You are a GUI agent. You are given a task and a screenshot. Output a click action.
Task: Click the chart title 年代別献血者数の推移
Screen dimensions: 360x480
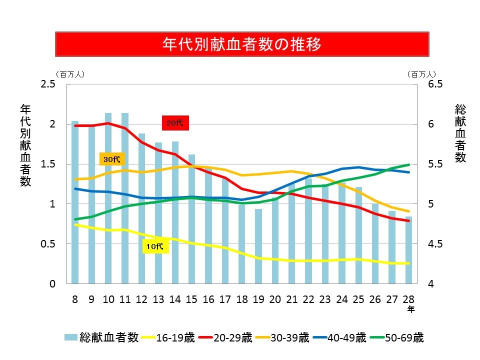click(x=241, y=44)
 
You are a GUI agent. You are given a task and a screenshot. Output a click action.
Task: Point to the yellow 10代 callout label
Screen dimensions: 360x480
click(x=155, y=246)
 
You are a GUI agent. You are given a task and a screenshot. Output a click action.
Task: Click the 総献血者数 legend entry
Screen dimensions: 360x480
click(x=101, y=338)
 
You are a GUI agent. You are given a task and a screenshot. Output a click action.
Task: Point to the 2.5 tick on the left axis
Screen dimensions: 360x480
click(x=48, y=84)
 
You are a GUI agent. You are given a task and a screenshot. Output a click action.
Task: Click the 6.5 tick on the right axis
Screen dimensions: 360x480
click(x=436, y=84)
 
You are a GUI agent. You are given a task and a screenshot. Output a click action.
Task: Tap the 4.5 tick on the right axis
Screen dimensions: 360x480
click(x=436, y=244)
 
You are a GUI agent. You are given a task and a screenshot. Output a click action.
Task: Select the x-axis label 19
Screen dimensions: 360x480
click(x=258, y=299)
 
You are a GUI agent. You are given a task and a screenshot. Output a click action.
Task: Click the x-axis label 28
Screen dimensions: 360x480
click(x=408, y=299)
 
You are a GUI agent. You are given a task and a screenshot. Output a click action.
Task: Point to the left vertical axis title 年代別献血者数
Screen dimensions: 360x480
click(x=25, y=145)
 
